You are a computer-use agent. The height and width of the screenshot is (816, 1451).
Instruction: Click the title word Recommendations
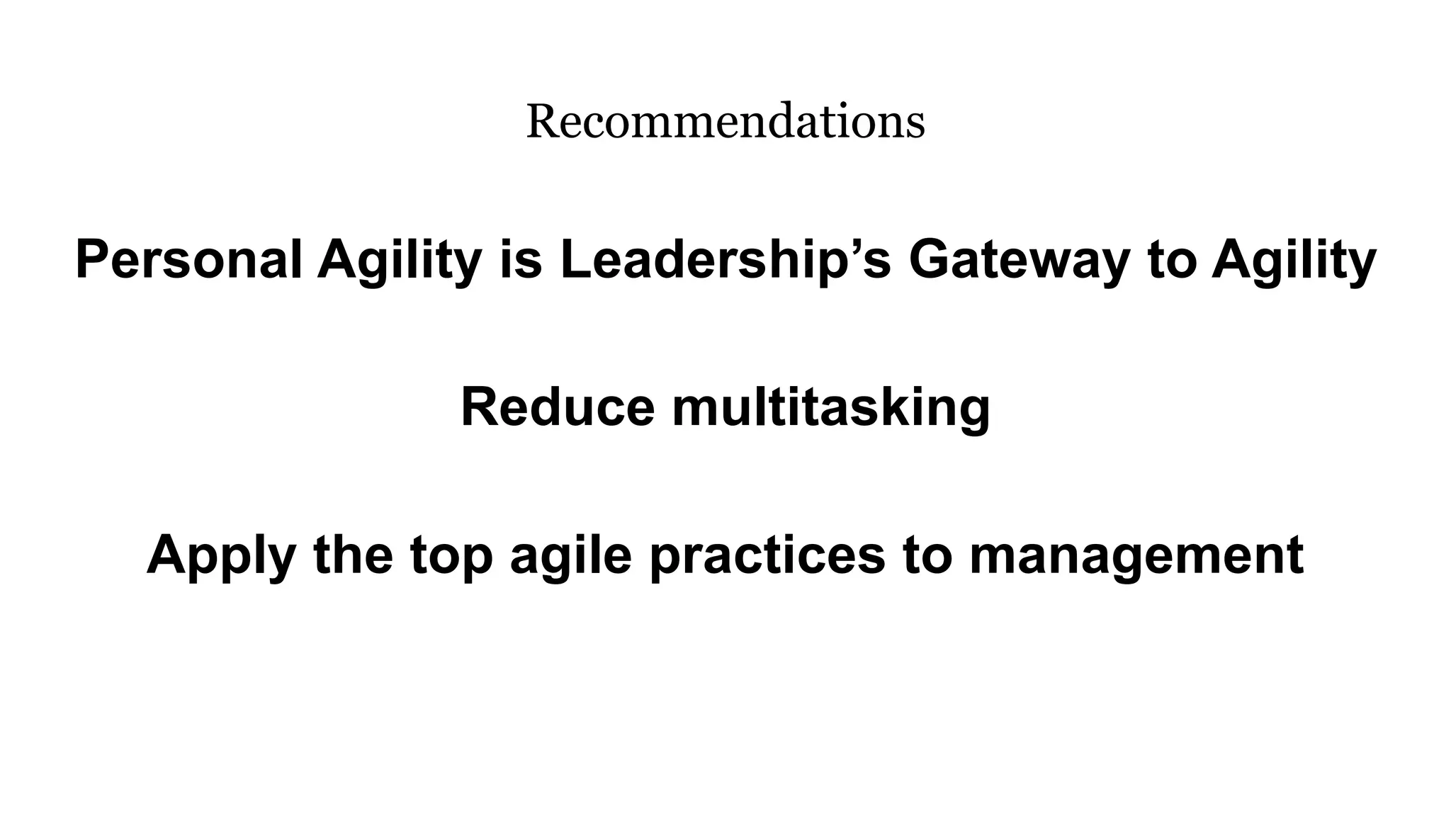725,122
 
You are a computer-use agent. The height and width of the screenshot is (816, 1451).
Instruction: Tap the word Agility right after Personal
400,260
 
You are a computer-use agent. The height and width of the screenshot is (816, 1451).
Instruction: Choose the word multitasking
830,408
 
